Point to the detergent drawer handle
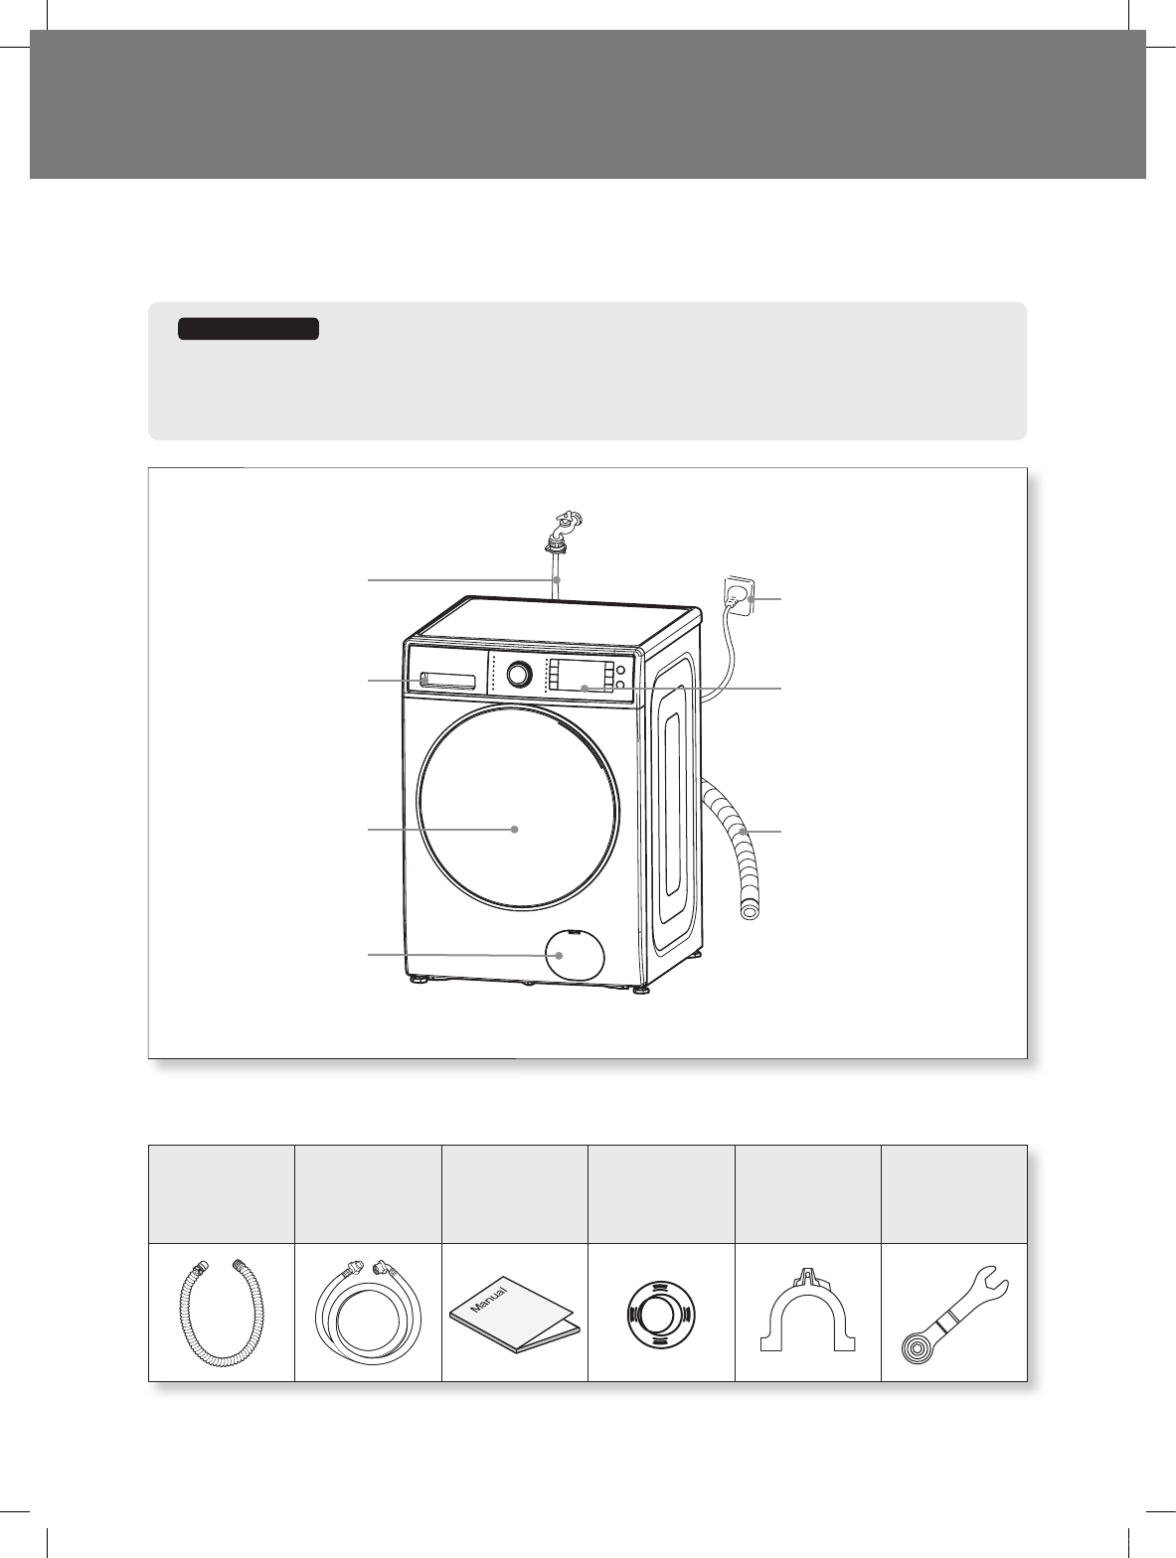447,680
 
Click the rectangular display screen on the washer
580,677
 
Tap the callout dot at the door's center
515,829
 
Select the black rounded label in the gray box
248,329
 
